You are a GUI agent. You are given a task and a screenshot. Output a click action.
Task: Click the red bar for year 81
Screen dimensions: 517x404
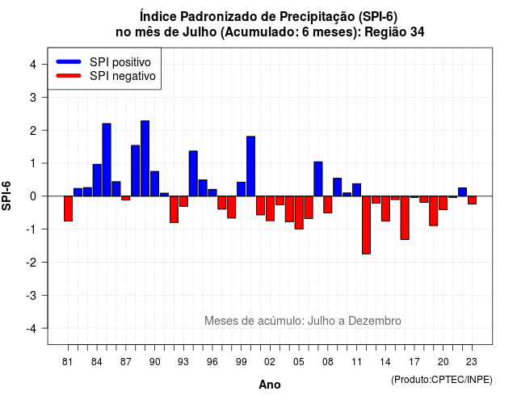68,208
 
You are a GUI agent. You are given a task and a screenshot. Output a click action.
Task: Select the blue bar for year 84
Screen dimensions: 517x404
97,180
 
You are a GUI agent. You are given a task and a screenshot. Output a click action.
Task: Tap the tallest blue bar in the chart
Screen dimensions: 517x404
145,158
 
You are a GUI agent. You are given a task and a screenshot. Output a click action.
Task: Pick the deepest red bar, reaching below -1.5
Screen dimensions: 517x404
366,225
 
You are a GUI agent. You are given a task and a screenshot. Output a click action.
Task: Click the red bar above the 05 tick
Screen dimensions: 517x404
299,213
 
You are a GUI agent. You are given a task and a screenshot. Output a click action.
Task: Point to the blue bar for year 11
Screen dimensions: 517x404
357,190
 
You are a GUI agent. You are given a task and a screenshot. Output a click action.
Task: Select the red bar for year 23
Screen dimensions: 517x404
472,200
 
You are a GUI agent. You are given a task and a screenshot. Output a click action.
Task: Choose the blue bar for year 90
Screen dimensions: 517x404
154,183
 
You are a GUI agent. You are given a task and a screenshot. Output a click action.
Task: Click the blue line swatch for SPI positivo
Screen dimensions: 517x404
69,61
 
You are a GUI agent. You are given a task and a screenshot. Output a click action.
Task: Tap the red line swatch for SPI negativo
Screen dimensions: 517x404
69,76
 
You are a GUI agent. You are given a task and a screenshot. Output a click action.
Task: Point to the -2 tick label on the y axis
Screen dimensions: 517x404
32,262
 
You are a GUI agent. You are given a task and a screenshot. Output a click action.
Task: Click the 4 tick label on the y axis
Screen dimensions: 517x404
33,64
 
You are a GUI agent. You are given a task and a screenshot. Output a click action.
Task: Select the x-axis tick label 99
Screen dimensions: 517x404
242,362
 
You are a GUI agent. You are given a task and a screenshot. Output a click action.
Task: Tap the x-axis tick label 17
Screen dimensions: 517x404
414,362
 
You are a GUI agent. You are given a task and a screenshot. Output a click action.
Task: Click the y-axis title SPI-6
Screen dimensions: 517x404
6,196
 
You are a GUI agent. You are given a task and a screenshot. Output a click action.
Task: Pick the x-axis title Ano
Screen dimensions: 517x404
270,385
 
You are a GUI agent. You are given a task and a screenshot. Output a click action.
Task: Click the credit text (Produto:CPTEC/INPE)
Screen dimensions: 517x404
442,380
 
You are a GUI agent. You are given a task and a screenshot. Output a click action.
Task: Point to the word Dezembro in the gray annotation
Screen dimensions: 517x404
375,321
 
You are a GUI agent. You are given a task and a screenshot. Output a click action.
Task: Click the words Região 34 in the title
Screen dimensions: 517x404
394,32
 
